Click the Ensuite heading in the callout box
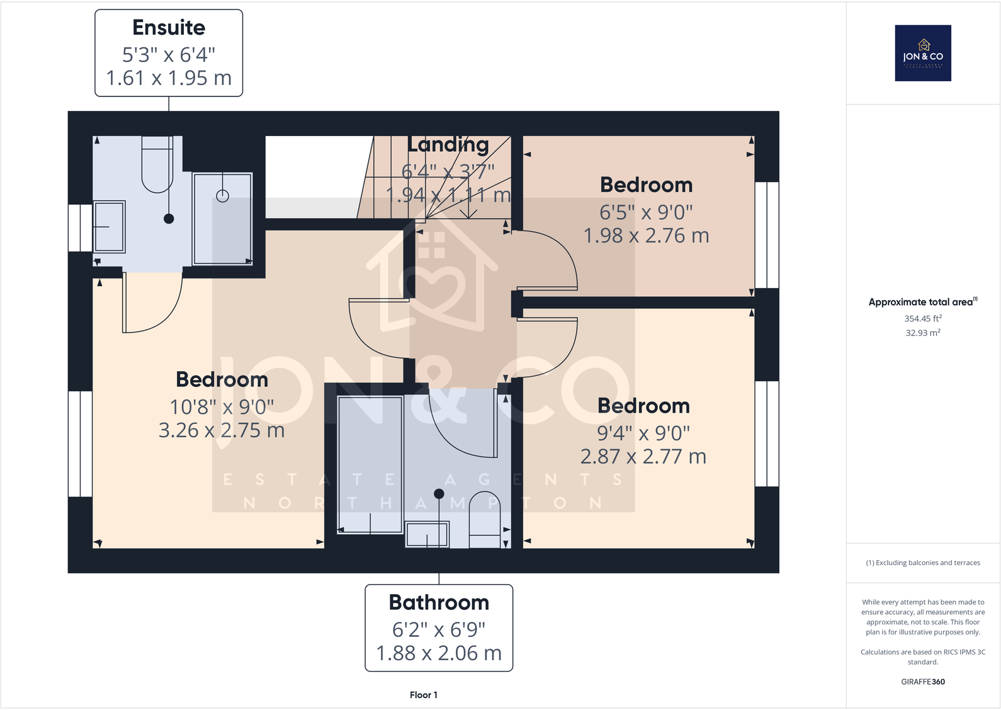point(169,28)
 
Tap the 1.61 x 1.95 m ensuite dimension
point(169,78)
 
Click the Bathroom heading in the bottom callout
point(439,602)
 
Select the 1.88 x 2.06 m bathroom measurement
point(439,653)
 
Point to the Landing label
point(448,145)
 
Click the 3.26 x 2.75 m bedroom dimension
point(222,430)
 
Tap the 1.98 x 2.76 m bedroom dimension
point(646,236)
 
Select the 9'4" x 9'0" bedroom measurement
point(643,433)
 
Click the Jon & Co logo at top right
point(923,53)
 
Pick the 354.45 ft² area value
point(923,319)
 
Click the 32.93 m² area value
point(923,333)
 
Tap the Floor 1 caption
point(423,695)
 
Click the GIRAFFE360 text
point(923,682)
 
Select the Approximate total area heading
point(923,302)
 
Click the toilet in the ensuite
point(157,165)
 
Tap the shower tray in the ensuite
point(222,219)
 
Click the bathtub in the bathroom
point(370,464)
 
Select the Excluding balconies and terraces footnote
point(923,563)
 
